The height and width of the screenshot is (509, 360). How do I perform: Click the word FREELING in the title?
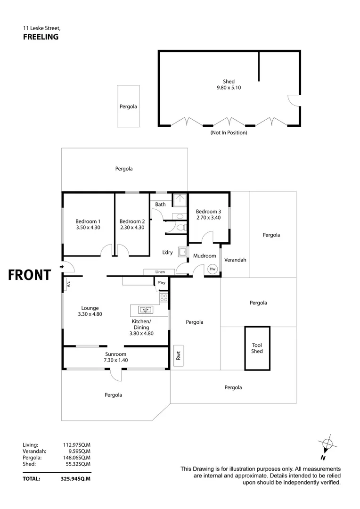pyautogui.click(x=41, y=37)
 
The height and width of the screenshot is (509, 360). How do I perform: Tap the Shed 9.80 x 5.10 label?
pyautogui.click(x=229, y=84)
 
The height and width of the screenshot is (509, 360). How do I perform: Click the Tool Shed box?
pyautogui.click(x=257, y=348)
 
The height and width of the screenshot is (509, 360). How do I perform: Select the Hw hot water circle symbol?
pyautogui.click(x=213, y=269)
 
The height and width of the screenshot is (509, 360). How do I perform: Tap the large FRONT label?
pyautogui.click(x=29, y=275)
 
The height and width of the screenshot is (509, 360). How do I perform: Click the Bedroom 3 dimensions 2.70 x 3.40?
pyautogui.click(x=208, y=218)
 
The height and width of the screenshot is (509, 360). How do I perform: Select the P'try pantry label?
pyautogui.click(x=161, y=282)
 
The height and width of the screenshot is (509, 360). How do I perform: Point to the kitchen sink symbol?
pyautogui.click(x=146, y=310)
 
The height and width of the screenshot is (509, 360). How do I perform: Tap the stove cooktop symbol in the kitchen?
pyautogui.click(x=164, y=297)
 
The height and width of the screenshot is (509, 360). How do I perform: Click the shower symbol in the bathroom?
pyautogui.click(x=179, y=200)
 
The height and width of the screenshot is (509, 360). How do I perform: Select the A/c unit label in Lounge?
pyautogui.click(x=68, y=284)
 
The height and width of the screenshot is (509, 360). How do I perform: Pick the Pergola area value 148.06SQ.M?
pyautogui.click(x=76, y=457)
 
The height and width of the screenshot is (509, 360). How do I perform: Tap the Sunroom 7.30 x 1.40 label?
pyautogui.click(x=116, y=357)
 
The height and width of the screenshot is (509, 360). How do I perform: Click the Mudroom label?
pyautogui.click(x=205, y=256)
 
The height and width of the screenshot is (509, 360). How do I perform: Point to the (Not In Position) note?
pyautogui.click(x=229, y=133)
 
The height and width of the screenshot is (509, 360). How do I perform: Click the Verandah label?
pyautogui.click(x=235, y=260)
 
